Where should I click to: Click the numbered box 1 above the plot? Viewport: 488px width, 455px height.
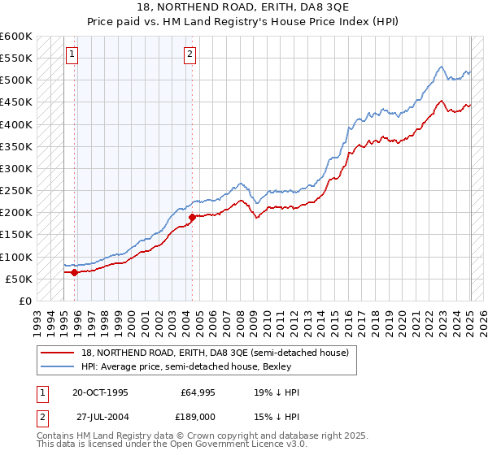(72, 54)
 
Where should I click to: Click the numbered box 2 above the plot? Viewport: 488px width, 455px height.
(190, 54)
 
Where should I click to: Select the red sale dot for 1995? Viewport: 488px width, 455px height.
(74, 272)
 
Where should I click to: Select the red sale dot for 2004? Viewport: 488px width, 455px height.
(192, 217)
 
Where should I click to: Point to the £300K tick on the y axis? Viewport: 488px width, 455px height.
(18, 168)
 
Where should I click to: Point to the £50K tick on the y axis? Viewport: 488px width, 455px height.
(21, 279)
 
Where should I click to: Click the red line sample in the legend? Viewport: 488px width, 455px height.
(57, 353)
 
